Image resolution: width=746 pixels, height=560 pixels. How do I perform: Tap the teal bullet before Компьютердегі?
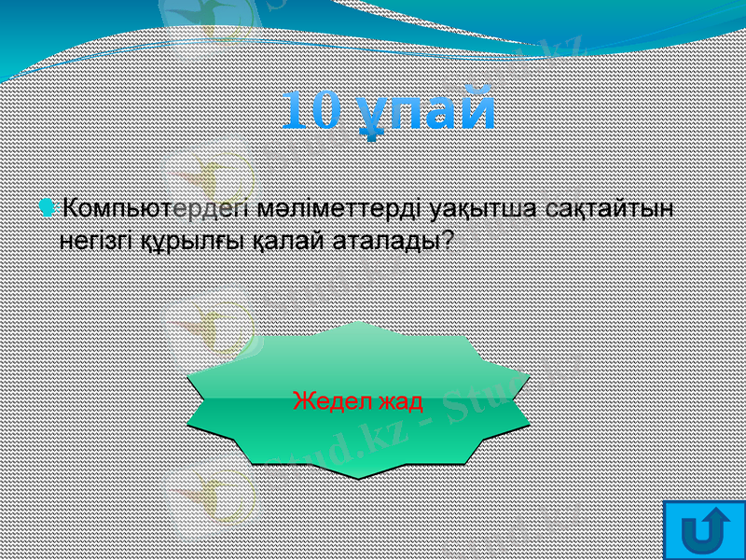tap(48, 205)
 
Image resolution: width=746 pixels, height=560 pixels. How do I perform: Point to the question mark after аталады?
tap(448, 240)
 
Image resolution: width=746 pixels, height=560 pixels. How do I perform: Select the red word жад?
tap(400, 402)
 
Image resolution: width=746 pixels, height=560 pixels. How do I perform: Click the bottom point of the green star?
tap(358, 477)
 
